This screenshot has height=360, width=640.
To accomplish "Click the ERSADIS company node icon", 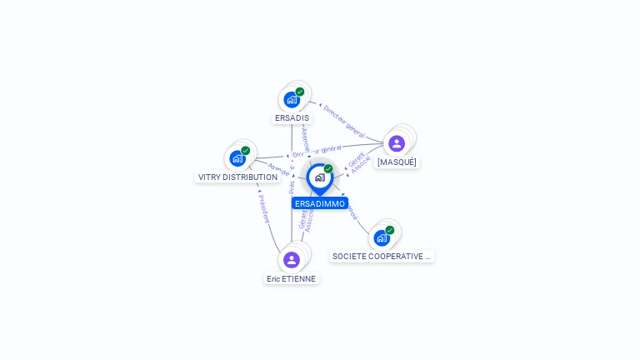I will pyautogui.click(x=291, y=100).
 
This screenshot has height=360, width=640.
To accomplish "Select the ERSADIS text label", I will pyautogui.click(x=292, y=118).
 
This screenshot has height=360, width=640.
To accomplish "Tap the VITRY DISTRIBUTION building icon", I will pyautogui.click(x=237, y=158).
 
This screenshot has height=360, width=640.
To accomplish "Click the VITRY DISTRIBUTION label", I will pyautogui.click(x=237, y=177).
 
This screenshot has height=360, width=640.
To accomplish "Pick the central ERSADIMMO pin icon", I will pyautogui.click(x=319, y=177).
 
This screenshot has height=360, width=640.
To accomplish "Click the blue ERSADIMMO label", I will pyautogui.click(x=320, y=203).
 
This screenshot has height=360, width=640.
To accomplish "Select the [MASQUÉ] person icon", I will pyautogui.click(x=397, y=143).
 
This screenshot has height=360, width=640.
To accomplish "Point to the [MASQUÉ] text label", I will pyautogui.click(x=397, y=162).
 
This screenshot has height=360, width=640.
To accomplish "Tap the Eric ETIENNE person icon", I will pyautogui.click(x=292, y=260).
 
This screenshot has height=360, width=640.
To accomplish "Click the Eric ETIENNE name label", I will pyautogui.click(x=292, y=279).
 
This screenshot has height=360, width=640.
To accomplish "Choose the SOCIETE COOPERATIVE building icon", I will pyautogui.click(x=382, y=237).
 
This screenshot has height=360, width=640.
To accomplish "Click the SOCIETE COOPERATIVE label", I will pyautogui.click(x=382, y=257).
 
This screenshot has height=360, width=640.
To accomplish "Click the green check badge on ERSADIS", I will pyautogui.click(x=300, y=92).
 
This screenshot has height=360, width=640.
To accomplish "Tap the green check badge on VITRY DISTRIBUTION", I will pyautogui.click(x=246, y=150).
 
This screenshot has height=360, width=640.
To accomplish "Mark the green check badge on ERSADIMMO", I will pyautogui.click(x=328, y=168).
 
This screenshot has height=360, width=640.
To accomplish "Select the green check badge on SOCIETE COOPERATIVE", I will pyautogui.click(x=390, y=229).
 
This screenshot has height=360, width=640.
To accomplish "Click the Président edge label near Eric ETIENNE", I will pyautogui.click(x=263, y=207).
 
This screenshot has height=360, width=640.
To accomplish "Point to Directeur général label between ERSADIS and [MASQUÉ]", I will pyautogui.click(x=342, y=121).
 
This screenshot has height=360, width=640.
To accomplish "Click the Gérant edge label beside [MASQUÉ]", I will pyautogui.click(x=355, y=158).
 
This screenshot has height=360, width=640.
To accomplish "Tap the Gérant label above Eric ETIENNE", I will pyautogui.click(x=302, y=218).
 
